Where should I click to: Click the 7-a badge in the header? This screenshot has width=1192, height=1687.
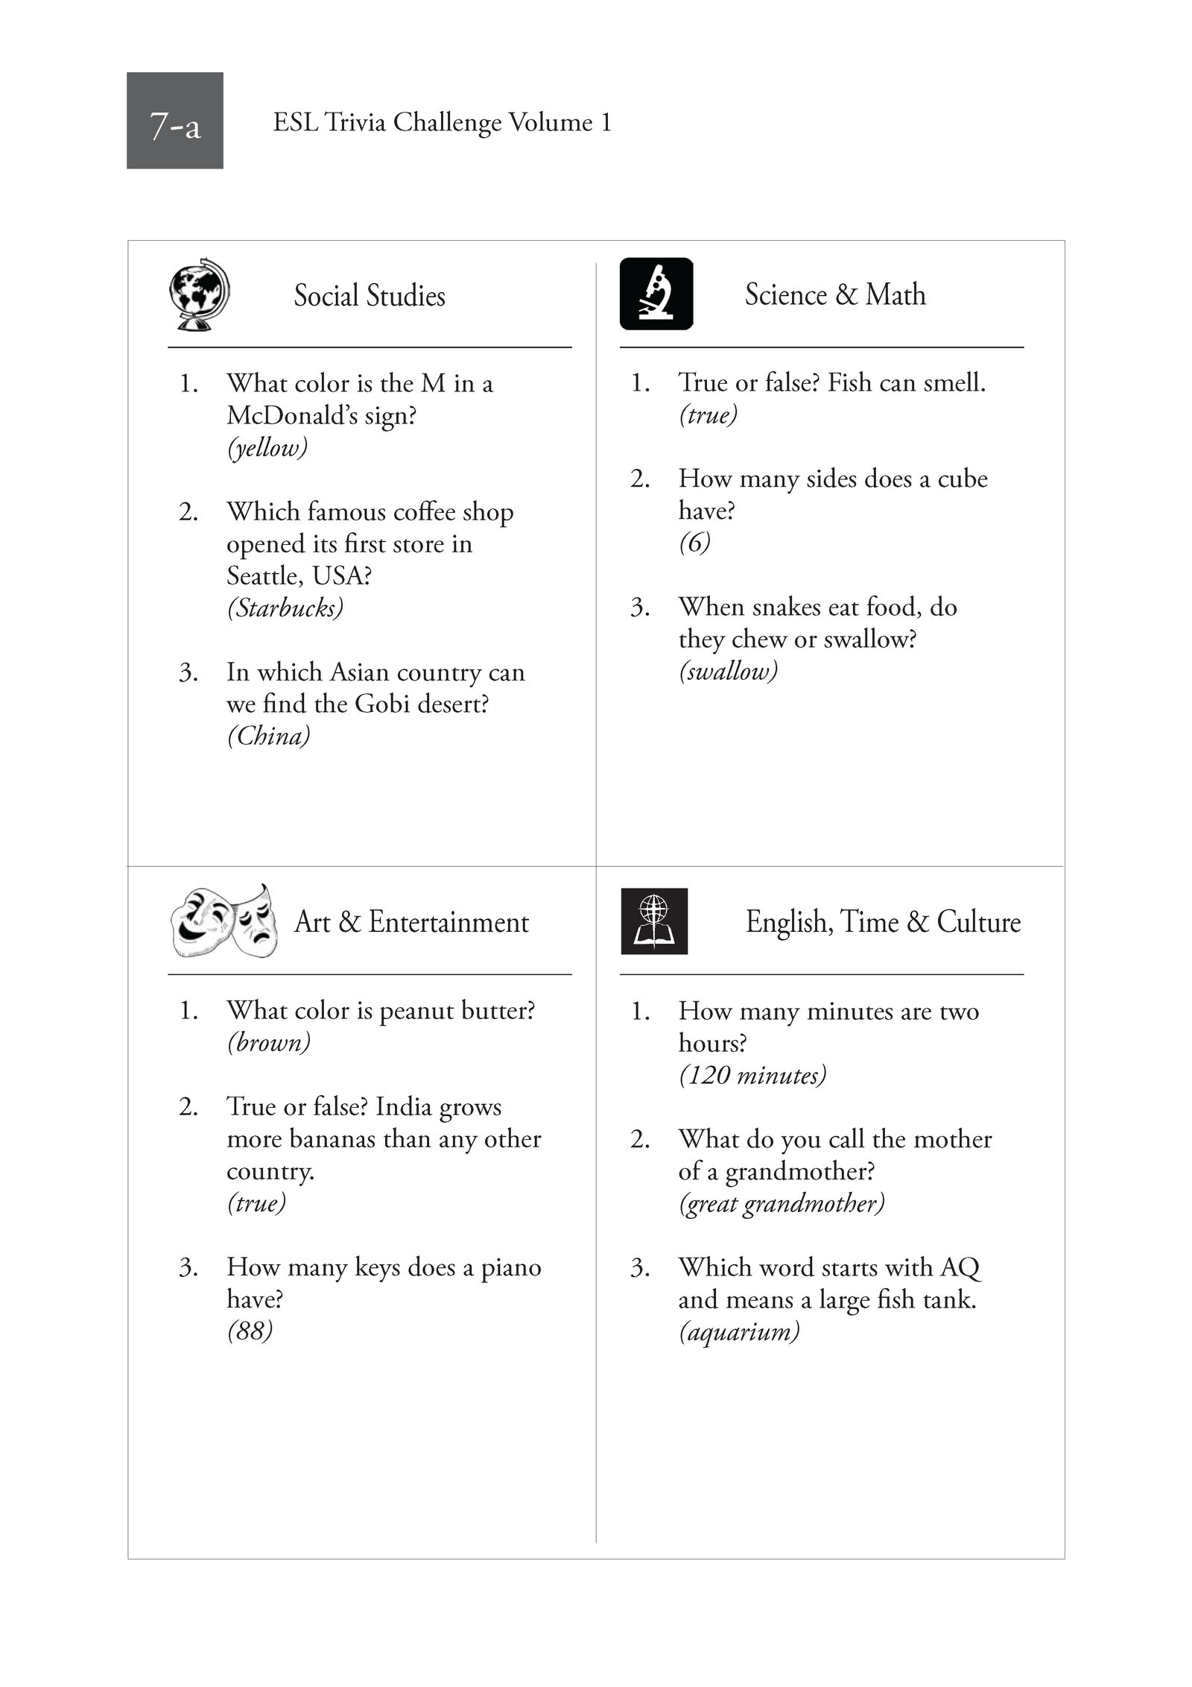click(x=174, y=121)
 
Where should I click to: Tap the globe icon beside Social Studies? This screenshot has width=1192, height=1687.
click(x=199, y=294)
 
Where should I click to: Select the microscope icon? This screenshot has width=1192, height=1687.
click(x=656, y=294)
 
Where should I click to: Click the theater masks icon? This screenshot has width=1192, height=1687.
click(x=224, y=921)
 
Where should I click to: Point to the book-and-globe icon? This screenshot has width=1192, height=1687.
click(x=654, y=921)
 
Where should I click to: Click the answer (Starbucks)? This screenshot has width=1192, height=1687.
click(x=285, y=608)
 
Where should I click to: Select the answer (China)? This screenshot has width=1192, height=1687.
click(x=269, y=737)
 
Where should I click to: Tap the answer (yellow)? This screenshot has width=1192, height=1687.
click(x=267, y=447)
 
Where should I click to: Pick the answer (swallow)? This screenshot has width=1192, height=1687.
click(x=728, y=672)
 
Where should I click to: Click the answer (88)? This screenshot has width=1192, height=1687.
click(x=250, y=1331)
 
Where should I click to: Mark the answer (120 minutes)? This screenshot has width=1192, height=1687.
click(x=752, y=1075)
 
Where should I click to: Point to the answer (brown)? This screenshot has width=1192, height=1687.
click(x=269, y=1042)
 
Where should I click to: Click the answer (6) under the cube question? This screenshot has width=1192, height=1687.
click(x=694, y=543)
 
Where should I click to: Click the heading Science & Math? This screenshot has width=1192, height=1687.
click(x=835, y=294)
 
